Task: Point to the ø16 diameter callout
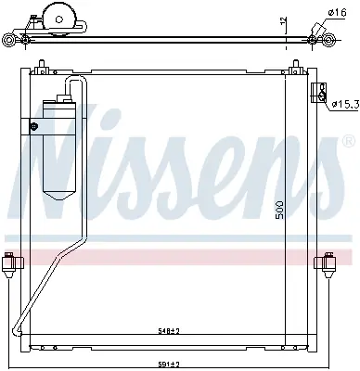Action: point(337,12)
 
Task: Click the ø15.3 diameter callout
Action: point(343,104)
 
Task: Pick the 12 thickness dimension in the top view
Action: point(281,21)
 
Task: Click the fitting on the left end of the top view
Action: point(8,40)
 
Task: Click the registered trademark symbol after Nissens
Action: point(348,142)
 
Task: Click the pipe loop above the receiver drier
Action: point(74,86)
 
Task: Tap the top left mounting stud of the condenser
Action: point(41,68)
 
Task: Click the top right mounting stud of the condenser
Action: point(297,68)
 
